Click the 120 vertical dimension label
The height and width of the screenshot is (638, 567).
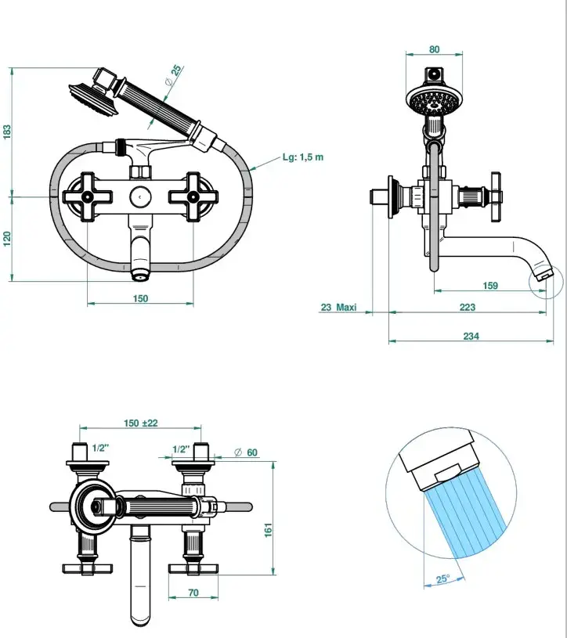pos(8,238)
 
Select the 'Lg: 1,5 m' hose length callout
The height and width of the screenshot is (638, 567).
pos(302,157)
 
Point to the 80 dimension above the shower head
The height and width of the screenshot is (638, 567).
pos(435,49)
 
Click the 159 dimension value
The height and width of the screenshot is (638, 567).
pos(490,286)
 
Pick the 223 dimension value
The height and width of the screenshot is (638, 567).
pos(468,308)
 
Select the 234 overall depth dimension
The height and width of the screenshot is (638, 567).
pos(470,337)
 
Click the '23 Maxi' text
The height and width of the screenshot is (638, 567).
pos(338,308)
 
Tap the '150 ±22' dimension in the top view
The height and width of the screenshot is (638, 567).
pos(141,424)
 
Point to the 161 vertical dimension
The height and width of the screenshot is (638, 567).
pos(268,530)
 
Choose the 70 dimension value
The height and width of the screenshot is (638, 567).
pos(193,593)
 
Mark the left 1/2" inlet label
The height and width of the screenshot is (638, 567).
pos(99,449)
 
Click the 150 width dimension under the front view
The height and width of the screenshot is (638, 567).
pos(139,298)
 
